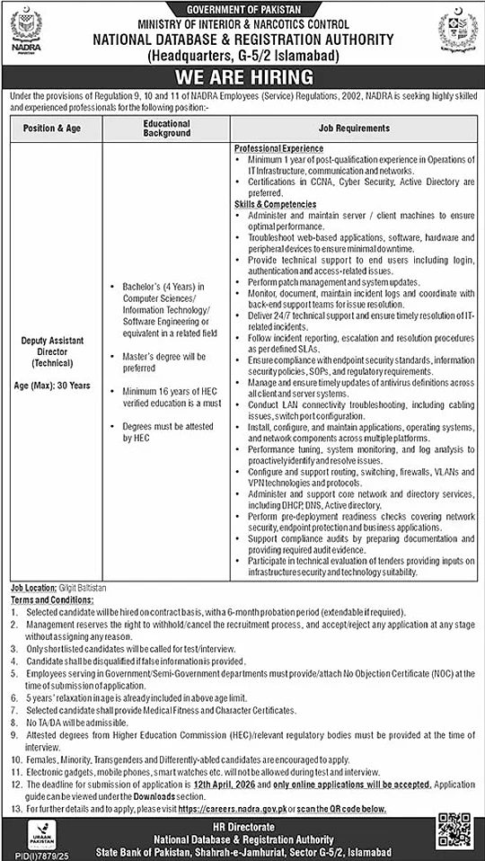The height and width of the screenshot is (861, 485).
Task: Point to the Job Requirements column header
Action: pos(354,129)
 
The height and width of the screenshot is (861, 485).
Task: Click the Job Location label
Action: pos(34,586)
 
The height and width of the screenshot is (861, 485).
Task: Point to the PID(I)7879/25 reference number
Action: pos(31,855)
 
